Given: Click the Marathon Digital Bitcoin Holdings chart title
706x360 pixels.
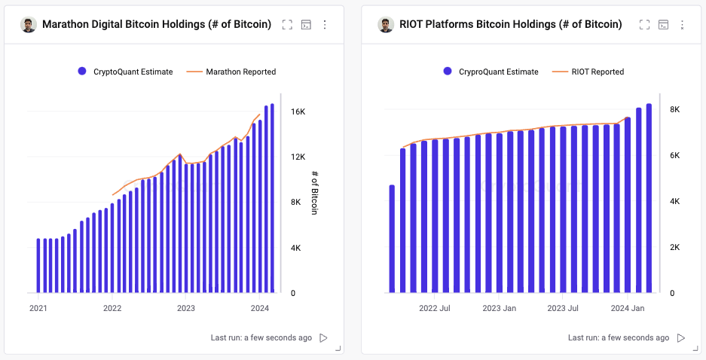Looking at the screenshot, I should [157, 24].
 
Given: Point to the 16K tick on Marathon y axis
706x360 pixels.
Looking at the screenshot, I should [298, 111].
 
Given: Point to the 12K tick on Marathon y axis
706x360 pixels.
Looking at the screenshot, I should [298, 157].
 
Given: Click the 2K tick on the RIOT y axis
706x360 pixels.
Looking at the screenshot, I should [676, 248].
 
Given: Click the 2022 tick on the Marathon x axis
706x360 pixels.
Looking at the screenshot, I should [112, 308].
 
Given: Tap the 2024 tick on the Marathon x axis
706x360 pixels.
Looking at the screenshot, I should [259, 308].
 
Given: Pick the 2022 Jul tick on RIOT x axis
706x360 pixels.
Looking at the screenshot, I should [435, 308].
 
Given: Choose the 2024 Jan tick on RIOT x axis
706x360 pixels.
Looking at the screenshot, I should [627, 308].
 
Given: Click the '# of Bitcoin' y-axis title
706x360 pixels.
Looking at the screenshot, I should [315, 193].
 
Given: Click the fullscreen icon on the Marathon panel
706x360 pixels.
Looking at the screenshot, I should [287, 25].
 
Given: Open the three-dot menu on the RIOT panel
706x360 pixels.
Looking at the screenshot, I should [682, 25].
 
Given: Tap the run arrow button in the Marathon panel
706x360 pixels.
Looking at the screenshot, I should [323, 338].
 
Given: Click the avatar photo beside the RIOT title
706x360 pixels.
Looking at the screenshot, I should [387, 25].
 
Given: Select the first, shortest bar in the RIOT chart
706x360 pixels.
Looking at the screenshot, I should [392, 238].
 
